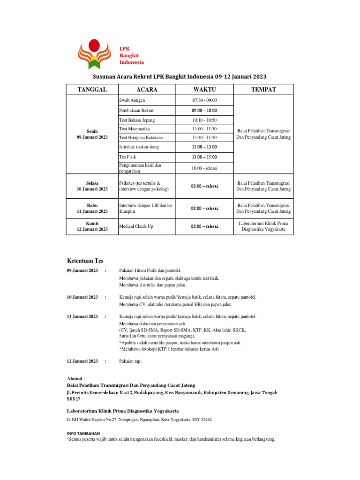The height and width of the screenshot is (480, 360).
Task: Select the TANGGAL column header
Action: (92, 90)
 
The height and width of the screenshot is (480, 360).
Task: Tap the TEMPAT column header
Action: (263, 90)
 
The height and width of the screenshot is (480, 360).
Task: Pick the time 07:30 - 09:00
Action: (204, 100)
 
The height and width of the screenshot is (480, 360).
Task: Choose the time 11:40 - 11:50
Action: (204, 137)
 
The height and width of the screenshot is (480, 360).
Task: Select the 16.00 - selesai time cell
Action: (204, 168)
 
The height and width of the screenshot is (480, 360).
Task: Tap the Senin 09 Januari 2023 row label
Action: (92, 134)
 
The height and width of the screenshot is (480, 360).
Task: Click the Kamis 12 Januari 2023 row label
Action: (92, 226)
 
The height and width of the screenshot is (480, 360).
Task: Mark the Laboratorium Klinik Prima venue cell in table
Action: (263, 226)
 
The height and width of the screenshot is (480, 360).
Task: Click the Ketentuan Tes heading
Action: (85, 261)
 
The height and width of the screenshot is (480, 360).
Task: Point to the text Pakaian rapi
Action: (130, 361)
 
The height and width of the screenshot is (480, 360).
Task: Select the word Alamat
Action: (75, 378)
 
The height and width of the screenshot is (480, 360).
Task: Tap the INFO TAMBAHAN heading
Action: (83, 434)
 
